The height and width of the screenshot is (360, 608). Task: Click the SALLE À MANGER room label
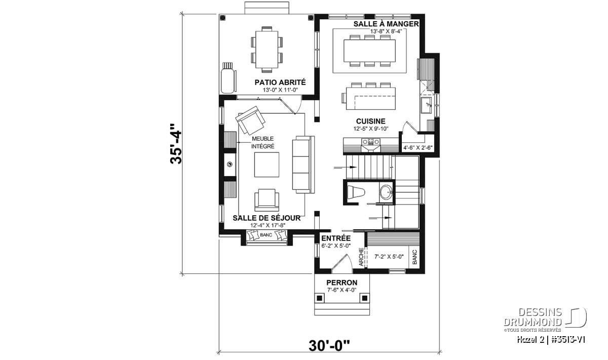[x=386, y=24]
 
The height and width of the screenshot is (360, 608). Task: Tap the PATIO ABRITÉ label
[x=280, y=82]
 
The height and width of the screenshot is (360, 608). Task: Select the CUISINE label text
[x=371, y=122]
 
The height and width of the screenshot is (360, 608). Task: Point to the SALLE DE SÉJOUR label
[x=267, y=218]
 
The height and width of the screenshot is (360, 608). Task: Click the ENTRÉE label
[x=336, y=238]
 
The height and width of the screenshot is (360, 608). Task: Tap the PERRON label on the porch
[x=341, y=283]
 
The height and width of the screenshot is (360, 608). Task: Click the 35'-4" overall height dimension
[x=176, y=144]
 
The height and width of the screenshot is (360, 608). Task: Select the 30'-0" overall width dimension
[x=329, y=346]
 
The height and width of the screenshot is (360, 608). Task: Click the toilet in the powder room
[x=356, y=192]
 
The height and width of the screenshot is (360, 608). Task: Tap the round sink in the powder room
[x=386, y=192]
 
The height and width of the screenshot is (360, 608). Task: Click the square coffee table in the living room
[x=267, y=165]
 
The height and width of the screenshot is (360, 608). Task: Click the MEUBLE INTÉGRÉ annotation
[x=263, y=142]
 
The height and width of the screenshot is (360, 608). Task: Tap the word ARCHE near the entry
[x=361, y=257]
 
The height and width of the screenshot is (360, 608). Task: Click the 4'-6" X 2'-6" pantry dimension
[x=418, y=148]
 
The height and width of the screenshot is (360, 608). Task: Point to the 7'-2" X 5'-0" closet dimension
[x=389, y=256]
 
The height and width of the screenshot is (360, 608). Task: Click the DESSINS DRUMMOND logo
[x=545, y=317]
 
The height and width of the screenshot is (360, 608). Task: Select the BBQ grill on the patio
[x=227, y=78]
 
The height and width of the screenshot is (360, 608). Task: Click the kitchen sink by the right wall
[x=426, y=105]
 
